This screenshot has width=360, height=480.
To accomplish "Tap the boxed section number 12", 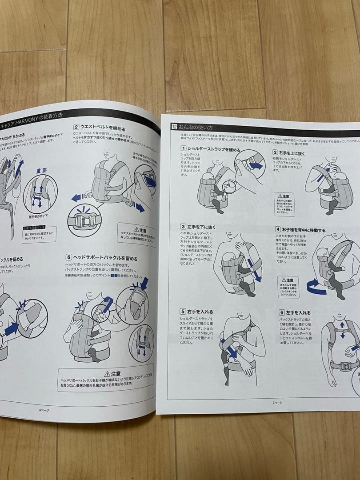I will click(174, 127).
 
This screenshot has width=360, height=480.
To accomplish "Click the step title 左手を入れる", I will click(298, 313).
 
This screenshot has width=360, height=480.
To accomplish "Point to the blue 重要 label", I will click(42, 170).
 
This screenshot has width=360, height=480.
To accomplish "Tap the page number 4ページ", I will click(44, 410).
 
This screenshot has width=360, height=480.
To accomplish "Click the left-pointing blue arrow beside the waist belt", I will click(76, 197).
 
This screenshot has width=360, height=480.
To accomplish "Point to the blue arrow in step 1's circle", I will click(256, 165).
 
